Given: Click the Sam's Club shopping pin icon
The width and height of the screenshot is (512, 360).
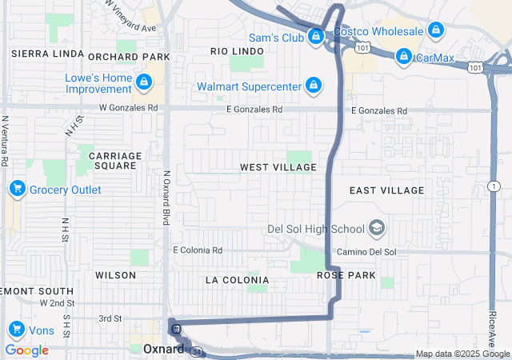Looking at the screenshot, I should click(x=317, y=36).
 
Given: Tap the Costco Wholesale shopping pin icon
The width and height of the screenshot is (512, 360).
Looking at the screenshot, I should click(x=435, y=31).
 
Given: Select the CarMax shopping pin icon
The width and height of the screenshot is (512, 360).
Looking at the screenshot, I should click(x=404, y=57).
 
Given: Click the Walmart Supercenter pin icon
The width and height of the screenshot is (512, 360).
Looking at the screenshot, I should click(x=313, y=85).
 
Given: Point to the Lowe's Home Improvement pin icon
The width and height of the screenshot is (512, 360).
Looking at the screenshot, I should click(x=144, y=82).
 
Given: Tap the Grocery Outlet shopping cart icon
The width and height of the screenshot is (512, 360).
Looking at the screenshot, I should click(x=16, y=190).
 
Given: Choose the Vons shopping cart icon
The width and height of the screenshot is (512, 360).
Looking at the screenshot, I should click(x=16, y=330).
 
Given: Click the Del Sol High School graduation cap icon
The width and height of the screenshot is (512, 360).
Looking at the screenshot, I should click(x=376, y=230).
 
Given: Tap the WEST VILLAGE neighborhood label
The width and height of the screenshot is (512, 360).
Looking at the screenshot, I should click(x=278, y=167).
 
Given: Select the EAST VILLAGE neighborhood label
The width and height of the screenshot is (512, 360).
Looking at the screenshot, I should click(x=387, y=190).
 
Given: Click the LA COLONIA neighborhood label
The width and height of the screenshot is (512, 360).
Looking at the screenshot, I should click(x=236, y=280).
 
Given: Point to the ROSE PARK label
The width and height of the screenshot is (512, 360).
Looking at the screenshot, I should click(x=346, y=274).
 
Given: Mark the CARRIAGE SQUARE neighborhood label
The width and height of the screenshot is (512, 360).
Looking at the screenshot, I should click(x=115, y=160).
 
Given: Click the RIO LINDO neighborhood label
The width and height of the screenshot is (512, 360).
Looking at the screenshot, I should click(x=237, y=51).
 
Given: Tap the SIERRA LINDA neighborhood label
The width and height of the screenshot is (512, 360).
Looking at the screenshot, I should click(x=47, y=54).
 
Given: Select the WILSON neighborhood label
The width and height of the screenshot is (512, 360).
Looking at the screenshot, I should click(x=115, y=274).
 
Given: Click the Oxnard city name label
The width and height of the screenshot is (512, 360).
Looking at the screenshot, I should click(x=163, y=349).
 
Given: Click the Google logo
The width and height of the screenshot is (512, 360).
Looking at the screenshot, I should click(x=27, y=350).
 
